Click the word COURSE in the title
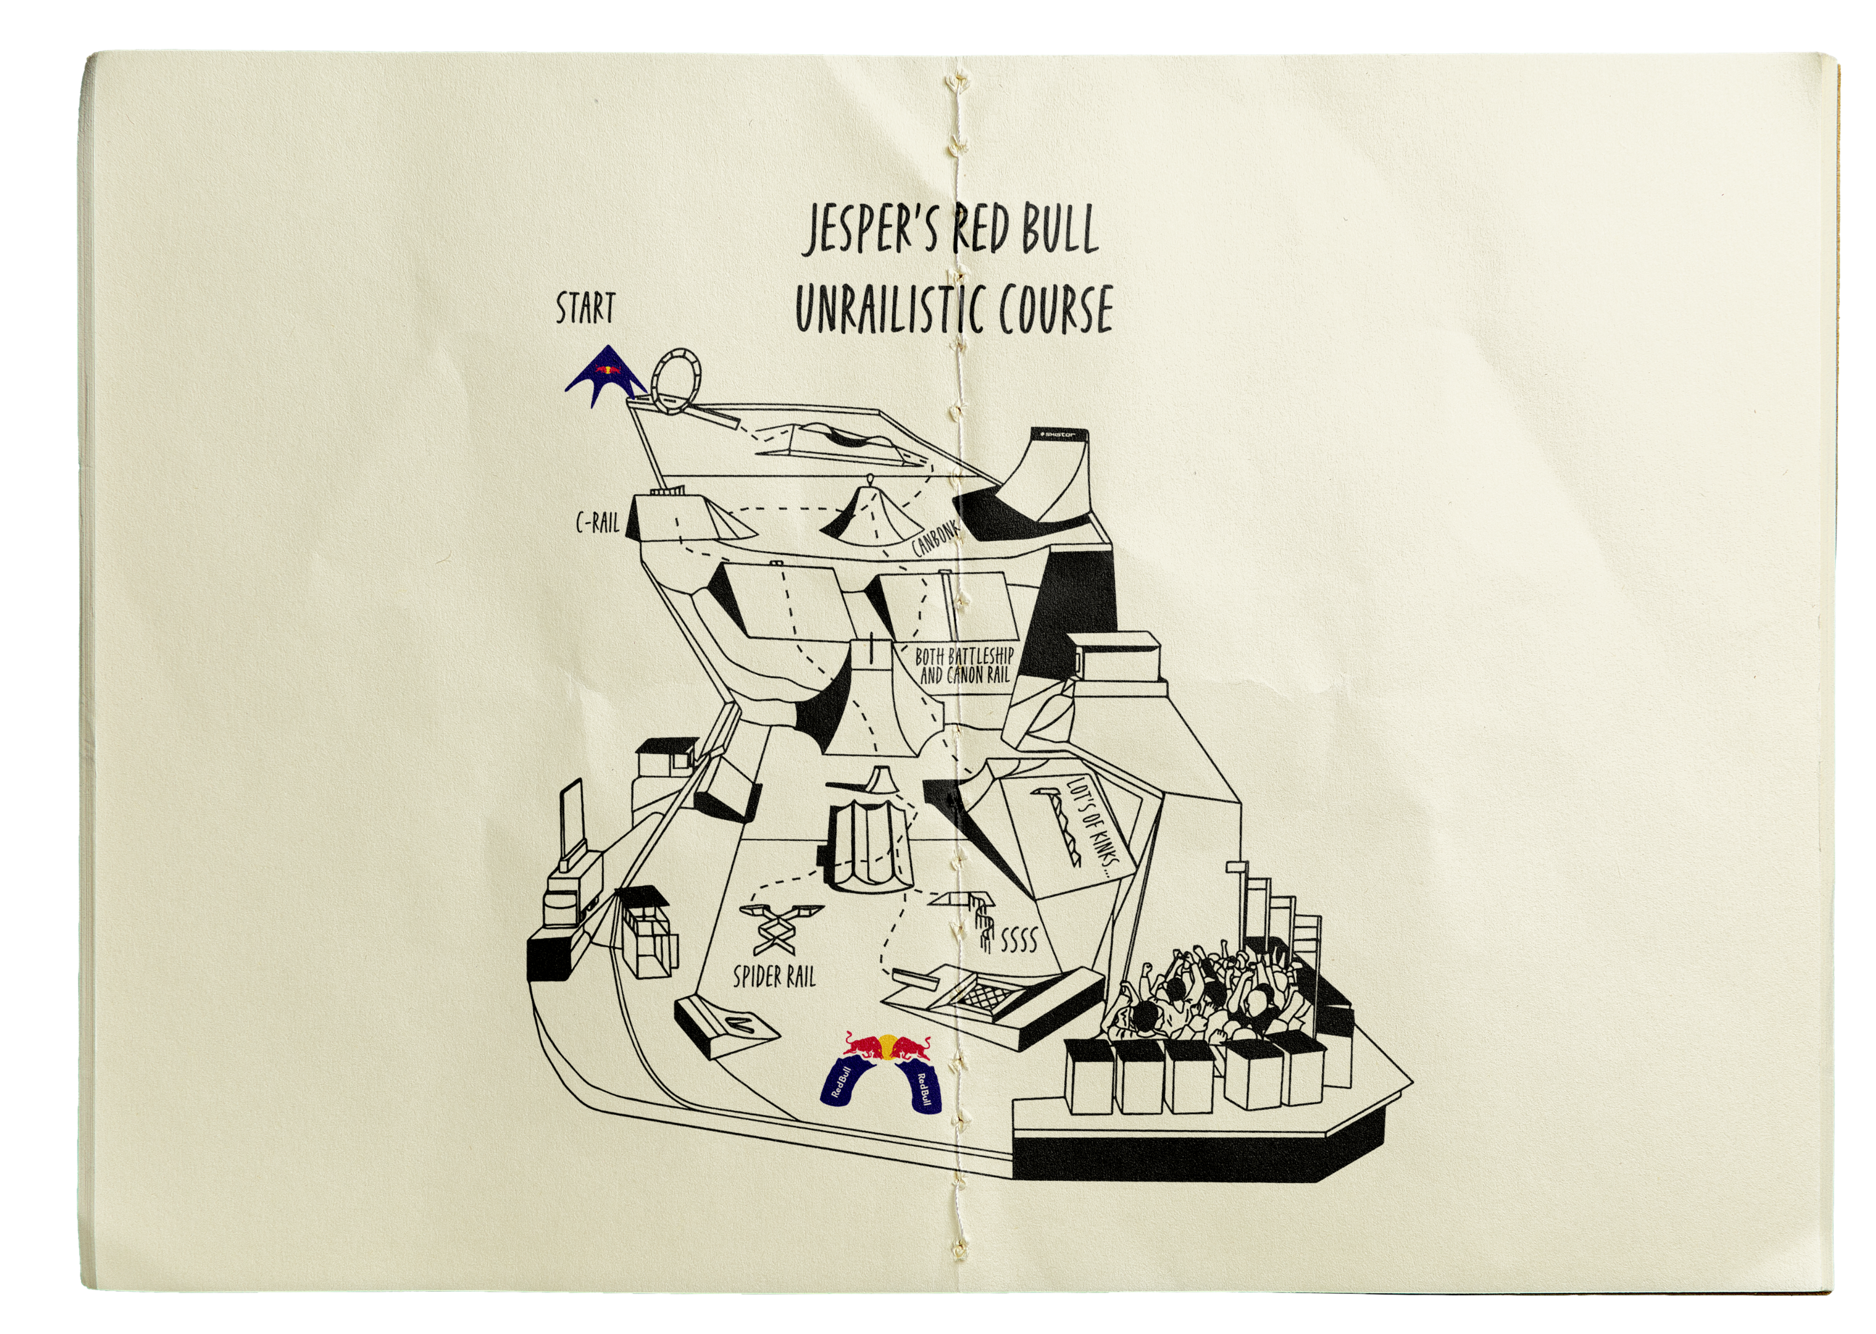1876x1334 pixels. pos(1055,311)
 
